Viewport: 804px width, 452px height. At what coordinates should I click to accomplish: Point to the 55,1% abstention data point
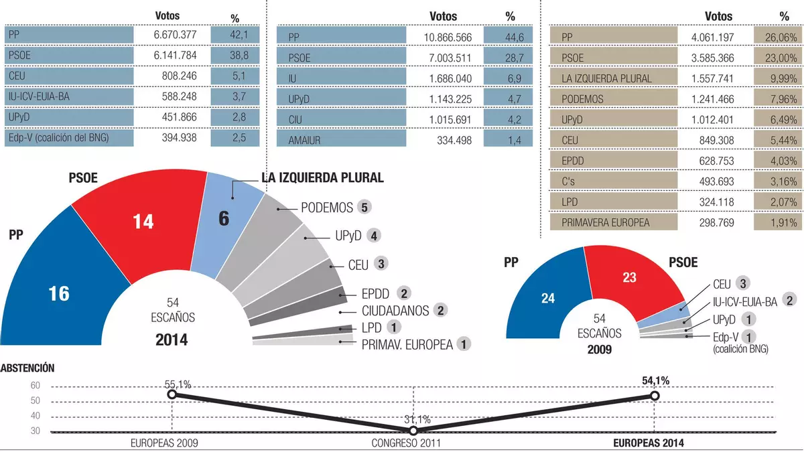[172, 394]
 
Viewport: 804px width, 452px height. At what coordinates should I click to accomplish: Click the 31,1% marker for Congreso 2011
[413, 431]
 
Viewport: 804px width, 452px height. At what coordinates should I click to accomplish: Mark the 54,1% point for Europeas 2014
[655, 396]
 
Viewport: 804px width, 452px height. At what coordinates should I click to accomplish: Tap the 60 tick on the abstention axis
[36, 386]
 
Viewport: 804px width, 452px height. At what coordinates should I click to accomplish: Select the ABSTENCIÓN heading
[28, 368]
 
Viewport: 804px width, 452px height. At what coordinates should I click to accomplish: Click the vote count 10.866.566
[444, 37]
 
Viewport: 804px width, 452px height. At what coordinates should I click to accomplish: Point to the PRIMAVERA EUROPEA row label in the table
[606, 222]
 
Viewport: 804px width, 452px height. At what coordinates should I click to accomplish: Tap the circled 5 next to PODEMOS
[364, 207]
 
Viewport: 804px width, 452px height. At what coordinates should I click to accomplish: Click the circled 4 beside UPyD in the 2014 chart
[375, 236]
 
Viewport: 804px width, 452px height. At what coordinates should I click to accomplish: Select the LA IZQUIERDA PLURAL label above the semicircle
[322, 178]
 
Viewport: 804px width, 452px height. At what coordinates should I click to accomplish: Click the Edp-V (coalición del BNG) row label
[58, 138]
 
